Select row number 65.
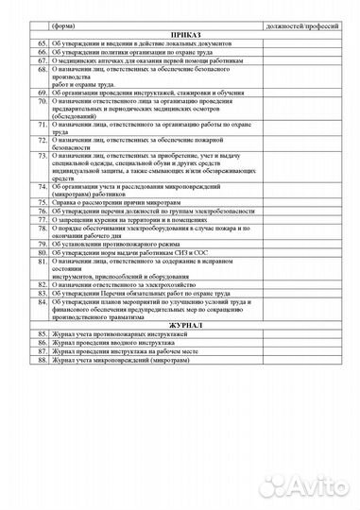pos(43,43)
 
